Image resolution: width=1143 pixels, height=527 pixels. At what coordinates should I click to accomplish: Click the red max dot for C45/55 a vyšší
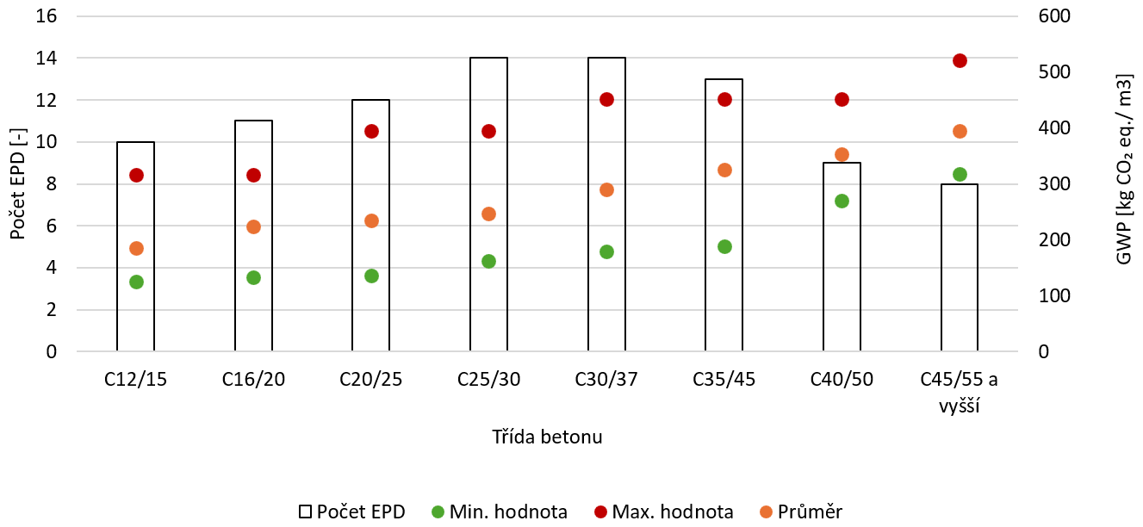click(x=960, y=61)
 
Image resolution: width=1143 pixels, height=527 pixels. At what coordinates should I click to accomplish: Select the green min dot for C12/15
click(x=136, y=282)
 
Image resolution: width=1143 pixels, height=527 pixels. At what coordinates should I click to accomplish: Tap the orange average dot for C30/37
click(x=606, y=190)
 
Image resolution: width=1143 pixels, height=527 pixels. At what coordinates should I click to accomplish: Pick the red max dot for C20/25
click(x=371, y=132)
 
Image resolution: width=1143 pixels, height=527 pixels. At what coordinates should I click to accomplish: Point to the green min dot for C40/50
click(x=842, y=201)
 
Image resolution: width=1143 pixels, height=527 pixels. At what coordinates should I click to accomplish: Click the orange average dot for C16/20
click(x=253, y=227)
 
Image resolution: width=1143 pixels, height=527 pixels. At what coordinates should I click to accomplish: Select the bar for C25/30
click(x=489, y=204)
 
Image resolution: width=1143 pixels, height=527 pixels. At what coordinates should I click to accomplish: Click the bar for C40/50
click(x=842, y=257)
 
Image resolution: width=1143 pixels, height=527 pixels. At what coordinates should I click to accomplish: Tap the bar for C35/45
click(x=724, y=214)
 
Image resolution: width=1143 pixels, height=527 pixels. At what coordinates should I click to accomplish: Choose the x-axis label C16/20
click(x=253, y=380)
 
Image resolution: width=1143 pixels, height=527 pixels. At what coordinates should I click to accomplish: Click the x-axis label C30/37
click(x=606, y=380)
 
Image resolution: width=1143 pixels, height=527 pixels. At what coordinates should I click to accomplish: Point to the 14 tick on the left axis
click(x=46, y=59)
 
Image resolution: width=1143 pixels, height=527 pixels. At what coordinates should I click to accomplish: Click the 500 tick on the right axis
click(x=1054, y=72)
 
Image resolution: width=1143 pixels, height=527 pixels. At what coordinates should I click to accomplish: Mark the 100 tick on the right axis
click(x=1054, y=296)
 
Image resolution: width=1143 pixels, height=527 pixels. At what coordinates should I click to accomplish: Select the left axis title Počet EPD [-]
click(x=17, y=183)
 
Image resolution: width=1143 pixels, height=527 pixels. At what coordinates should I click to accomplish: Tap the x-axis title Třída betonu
click(x=547, y=437)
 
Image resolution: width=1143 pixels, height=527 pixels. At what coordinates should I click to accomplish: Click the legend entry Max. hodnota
click(x=664, y=512)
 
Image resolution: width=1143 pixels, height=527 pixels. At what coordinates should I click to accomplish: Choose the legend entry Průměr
click(x=801, y=512)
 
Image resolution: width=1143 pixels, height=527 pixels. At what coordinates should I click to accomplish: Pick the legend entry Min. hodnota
click(x=500, y=512)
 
